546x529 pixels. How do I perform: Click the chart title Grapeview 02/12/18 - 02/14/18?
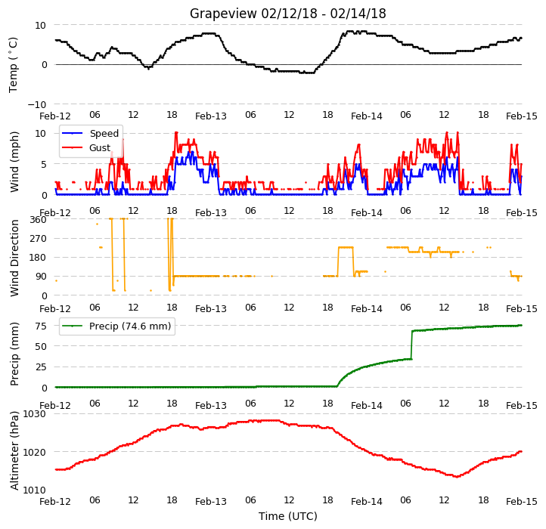(x=287, y=14)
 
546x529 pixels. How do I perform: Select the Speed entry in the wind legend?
(x=90, y=133)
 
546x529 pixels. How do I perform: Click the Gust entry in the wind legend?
(x=86, y=148)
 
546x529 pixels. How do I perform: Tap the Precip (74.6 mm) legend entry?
(x=116, y=326)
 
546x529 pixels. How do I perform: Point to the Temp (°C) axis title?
(x=13, y=65)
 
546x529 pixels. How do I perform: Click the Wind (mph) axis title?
(x=14, y=162)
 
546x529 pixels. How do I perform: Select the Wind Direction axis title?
(x=14, y=258)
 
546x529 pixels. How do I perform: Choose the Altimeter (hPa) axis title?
(x=14, y=450)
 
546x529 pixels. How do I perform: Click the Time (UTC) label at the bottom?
(x=287, y=516)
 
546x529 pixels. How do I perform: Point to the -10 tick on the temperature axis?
(x=36, y=104)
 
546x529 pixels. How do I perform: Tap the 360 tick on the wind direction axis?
(x=38, y=220)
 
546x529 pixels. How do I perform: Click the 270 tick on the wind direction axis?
(x=38, y=239)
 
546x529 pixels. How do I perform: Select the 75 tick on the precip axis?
(x=41, y=326)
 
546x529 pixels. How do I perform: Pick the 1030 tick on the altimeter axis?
(x=35, y=414)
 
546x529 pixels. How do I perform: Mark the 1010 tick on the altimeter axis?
(x=35, y=490)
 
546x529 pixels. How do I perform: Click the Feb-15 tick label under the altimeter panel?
(x=521, y=502)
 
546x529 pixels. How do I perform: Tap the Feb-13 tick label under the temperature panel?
(x=211, y=116)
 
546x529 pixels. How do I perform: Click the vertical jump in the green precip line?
(x=412, y=345)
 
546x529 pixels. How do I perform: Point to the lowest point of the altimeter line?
(x=457, y=476)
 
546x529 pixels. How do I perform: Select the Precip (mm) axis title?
(x=14, y=354)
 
